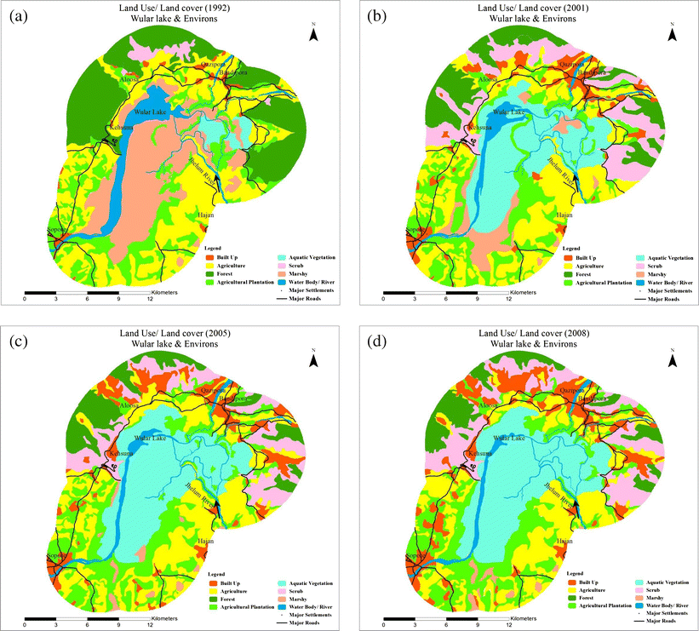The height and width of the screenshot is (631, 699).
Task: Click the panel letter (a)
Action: pos(20,14)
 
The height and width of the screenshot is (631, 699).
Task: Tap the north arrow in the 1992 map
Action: pos(314,34)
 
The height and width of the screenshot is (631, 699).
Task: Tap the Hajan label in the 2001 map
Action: pos(564,215)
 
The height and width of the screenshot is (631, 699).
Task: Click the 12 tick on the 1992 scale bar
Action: pos(151,299)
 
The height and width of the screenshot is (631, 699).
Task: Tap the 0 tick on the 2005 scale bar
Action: pos(25,624)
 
